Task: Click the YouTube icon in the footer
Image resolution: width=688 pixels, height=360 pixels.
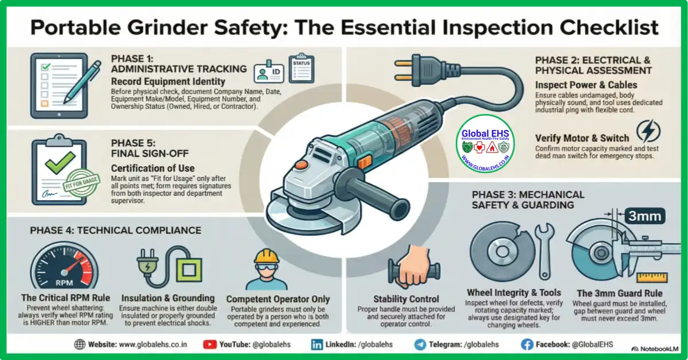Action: (x=210, y=344)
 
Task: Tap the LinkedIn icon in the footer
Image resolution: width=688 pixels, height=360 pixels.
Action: (x=316, y=344)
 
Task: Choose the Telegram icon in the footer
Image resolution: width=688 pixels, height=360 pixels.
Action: (x=420, y=344)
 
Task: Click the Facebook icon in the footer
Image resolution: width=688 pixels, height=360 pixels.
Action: (x=527, y=344)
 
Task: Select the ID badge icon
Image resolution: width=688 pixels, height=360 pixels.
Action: (x=269, y=71)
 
